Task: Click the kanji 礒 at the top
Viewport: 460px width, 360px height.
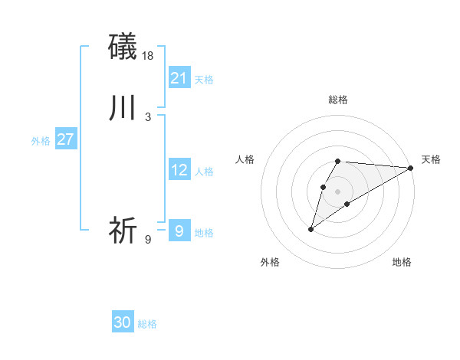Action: (x=123, y=46)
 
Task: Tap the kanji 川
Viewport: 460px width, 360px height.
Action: (x=123, y=108)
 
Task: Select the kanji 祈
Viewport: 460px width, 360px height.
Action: (x=123, y=230)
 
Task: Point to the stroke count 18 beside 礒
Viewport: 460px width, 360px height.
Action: (x=149, y=55)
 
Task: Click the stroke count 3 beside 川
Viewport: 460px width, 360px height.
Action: (x=148, y=117)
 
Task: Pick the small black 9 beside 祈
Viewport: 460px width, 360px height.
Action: (x=148, y=240)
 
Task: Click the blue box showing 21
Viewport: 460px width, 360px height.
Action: (x=179, y=78)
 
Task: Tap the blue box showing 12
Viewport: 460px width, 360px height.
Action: (x=179, y=171)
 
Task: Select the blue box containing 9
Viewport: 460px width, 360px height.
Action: (x=179, y=230)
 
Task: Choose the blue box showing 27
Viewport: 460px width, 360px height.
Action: (x=66, y=139)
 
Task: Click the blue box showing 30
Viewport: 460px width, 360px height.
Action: (x=123, y=322)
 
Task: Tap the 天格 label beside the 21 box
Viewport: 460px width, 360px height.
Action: (x=204, y=80)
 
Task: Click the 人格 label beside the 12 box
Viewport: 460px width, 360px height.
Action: (x=204, y=172)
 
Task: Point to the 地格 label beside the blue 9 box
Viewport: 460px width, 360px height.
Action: (x=204, y=233)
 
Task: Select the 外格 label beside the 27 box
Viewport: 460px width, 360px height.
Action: (x=41, y=141)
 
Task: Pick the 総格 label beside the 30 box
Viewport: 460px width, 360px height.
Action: (x=147, y=325)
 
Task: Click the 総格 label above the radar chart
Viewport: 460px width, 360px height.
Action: (x=338, y=100)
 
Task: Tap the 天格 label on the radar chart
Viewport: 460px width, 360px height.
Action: (x=431, y=159)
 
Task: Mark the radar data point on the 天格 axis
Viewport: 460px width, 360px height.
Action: (x=411, y=168)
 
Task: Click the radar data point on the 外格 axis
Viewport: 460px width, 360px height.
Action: (x=310, y=229)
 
